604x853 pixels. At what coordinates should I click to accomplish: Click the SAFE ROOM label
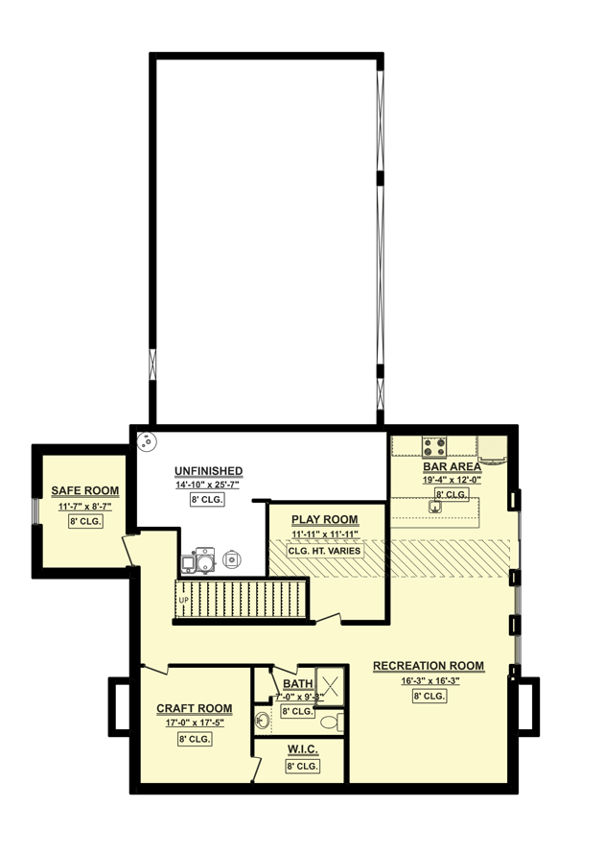pos(85,491)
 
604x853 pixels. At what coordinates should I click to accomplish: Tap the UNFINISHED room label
pos(208,471)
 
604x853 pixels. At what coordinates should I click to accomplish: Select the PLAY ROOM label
pos(325,520)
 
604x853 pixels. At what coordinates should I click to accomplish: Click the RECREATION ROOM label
pos(429,666)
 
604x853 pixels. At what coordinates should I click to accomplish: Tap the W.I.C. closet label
pos(302,748)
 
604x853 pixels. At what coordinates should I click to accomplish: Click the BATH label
pos(297,684)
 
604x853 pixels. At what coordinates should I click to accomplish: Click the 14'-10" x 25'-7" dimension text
pos(207,486)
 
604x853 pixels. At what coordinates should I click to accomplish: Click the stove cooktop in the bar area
pos(434,445)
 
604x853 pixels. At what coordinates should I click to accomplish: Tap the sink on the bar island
pos(434,508)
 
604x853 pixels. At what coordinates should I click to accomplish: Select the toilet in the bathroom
pos(328,722)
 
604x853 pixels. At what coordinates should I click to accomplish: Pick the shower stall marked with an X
pos(332,685)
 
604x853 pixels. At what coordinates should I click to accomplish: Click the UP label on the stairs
pos(183,601)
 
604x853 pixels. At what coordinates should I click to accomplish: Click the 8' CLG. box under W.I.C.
pos(302,766)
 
